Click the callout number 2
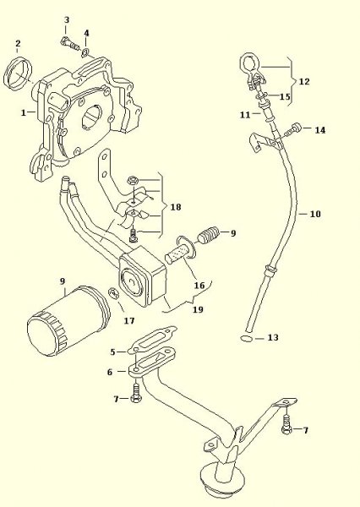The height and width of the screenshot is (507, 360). tap(18, 44)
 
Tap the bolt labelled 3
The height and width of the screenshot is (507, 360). tap(69, 44)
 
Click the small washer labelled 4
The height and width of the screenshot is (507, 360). tap(85, 52)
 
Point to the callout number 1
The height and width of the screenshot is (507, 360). tap(24, 113)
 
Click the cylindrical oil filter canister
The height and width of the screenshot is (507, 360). tap(68, 321)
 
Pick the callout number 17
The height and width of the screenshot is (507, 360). tap(128, 321)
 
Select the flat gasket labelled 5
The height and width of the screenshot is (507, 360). tap(152, 340)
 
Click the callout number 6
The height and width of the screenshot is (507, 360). tap(110, 372)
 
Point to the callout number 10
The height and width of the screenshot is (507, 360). tap(315, 214)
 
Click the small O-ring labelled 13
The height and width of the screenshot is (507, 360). tap(247, 339)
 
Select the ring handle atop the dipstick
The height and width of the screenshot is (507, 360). tap(249, 62)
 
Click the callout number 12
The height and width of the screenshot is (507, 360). tap(304, 81)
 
